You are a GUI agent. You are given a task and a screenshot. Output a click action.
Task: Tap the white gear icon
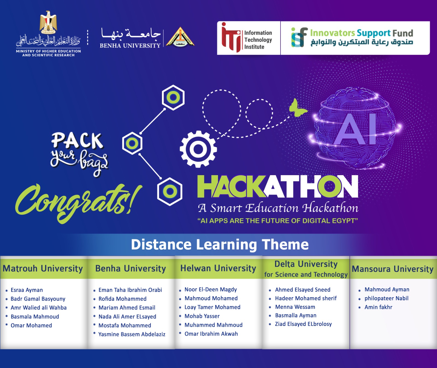198,149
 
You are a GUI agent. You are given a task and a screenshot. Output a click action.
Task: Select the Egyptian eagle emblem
48,22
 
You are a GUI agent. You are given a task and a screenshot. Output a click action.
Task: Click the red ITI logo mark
231,37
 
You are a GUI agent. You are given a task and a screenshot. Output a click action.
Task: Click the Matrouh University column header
43,268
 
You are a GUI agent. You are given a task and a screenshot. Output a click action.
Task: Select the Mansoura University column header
393,269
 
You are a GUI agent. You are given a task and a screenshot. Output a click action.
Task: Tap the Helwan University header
218,268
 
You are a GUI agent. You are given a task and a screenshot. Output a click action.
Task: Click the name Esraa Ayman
27,290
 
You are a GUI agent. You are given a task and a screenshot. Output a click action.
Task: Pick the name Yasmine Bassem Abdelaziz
132,334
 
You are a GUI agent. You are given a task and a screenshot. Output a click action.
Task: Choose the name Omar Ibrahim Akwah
211,334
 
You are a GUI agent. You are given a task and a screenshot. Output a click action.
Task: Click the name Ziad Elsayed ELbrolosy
303,324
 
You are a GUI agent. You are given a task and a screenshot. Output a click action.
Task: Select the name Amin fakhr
378,307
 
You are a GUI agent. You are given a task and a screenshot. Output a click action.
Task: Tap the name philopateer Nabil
386,298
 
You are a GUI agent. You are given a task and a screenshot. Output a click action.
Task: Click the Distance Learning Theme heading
220,245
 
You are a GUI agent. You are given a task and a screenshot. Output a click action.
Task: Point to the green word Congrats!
78,202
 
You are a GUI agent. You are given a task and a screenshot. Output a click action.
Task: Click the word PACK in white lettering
77,141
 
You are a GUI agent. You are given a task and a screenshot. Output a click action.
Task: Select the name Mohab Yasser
202,316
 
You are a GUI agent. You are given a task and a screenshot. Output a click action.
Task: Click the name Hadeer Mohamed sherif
306,298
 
